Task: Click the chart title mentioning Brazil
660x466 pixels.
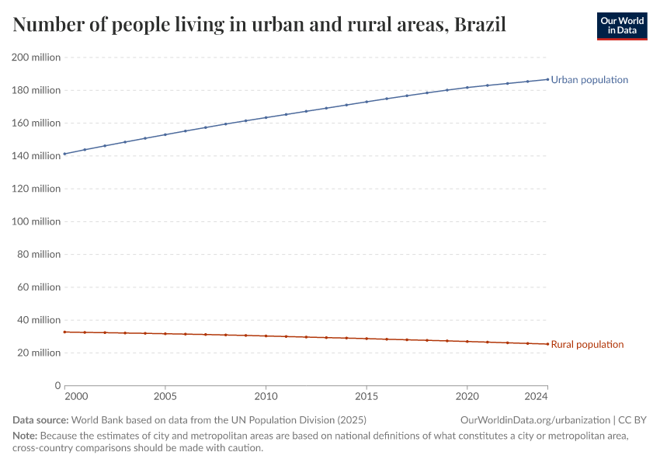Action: click(259, 25)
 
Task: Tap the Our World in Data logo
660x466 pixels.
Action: click(621, 26)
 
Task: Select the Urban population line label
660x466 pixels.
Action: click(589, 80)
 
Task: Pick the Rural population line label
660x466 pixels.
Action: click(587, 344)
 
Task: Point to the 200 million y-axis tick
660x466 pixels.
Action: click(36, 57)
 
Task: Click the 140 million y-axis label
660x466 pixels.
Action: click(36, 156)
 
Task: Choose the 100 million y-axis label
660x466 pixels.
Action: click(36, 221)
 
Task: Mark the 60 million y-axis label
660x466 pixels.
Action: click(38, 287)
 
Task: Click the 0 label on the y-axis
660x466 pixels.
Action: click(57, 385)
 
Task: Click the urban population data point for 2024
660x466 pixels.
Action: click(547, 79)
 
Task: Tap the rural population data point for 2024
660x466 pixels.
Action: click(547, 344)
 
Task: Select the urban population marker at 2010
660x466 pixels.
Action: click(266, 117)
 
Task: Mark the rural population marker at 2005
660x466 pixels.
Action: click(165, 334)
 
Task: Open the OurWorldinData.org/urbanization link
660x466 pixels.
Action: click(535, 420)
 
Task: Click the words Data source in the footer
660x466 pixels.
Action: click(39, 420)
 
